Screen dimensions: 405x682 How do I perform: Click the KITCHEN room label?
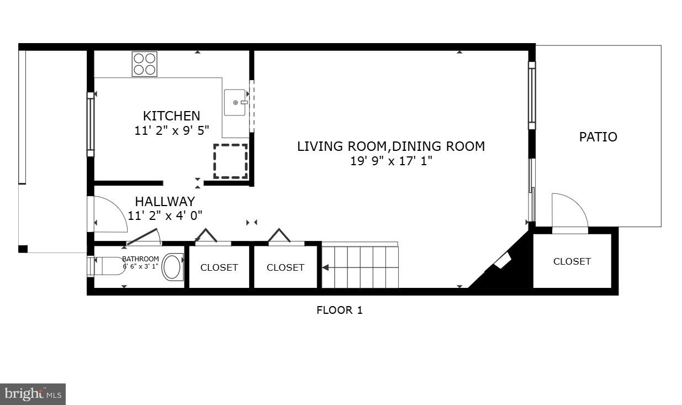coord(171,116)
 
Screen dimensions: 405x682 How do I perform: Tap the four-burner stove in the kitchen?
coord(144,64)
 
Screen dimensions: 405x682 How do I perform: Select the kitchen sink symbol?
coord(235,102)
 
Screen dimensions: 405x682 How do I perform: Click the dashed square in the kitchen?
coord(230,161)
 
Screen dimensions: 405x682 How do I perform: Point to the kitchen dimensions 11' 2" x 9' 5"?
coord(171,130)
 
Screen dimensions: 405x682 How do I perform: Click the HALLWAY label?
coord(165,202)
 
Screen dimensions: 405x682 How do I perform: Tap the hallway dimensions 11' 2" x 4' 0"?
coord(165,215)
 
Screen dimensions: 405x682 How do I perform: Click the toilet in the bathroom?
coord(173,267)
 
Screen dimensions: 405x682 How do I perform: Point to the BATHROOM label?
coord(140,259)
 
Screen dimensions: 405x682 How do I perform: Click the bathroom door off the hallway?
coord(144,238)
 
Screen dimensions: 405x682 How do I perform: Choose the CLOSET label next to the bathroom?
coord(219,267)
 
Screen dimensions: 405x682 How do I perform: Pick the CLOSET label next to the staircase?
coord(285,267)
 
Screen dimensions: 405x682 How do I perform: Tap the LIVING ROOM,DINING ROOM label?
coord(391,146)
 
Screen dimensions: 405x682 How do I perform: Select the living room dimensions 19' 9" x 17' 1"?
coord(391,161)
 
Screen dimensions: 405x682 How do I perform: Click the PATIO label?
coord(598,137)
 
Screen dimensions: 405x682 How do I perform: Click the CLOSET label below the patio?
coord(572,261)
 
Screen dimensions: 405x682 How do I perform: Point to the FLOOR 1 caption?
coord(339,310)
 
